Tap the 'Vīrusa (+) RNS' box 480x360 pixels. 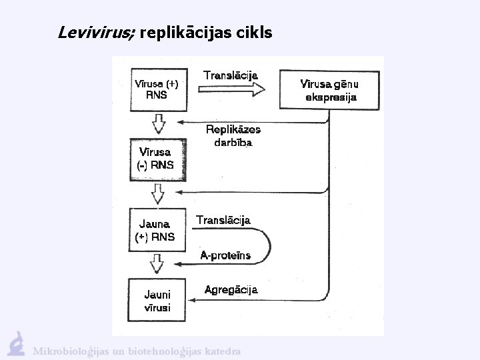157,89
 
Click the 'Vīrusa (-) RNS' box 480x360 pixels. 157,159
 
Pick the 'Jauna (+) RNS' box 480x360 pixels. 157,230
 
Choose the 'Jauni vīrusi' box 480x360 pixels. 157,300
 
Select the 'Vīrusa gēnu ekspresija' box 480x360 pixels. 330,90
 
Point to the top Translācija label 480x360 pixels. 231,75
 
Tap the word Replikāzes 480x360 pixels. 233,129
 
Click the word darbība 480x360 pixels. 233,142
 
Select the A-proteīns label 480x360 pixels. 225,255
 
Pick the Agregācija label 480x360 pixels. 231,290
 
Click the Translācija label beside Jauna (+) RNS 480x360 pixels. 223,220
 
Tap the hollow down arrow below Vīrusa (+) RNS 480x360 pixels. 158,123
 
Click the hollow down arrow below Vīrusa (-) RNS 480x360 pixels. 158,194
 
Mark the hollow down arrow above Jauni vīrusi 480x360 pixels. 158,264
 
